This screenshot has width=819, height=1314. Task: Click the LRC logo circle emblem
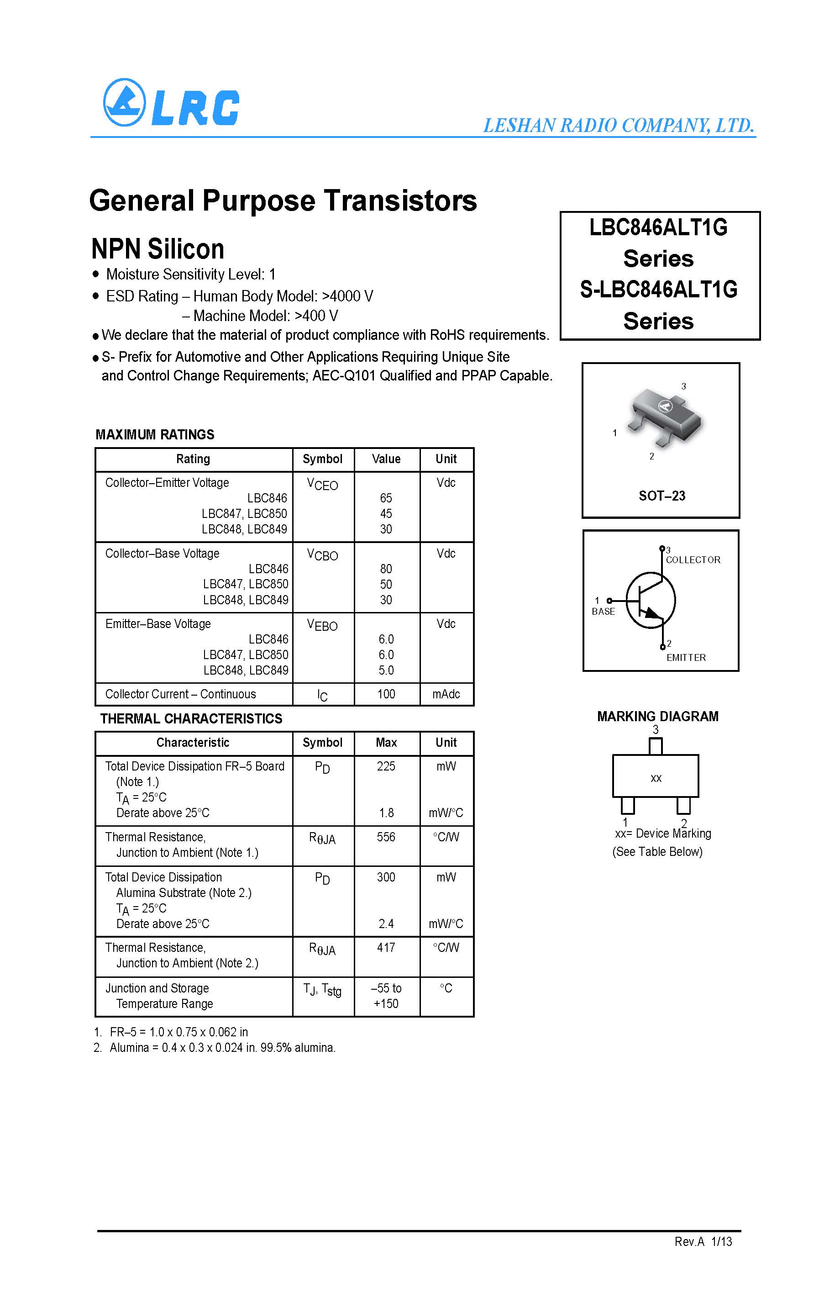click(x=125, y=102)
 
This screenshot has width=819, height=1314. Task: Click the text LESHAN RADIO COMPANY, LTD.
click(x=619, y=126)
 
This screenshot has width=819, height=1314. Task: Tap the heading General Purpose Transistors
click(x=283, y=201)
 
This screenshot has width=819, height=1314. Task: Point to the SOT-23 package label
click(x=661, y=496)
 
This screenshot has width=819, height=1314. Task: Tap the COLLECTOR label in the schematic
click(x=693, y=560)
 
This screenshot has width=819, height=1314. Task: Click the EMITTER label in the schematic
click(x=686, y=657)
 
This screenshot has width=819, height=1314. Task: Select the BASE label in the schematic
click(x=603, y=611)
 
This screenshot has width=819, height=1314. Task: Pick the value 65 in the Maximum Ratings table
click(x=386, y=498)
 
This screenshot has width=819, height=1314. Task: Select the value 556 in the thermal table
click(x=386, y=837)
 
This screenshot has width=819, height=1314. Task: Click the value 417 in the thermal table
click(x=386, y=948)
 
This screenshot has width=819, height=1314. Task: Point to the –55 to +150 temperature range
click(x=386, y=996)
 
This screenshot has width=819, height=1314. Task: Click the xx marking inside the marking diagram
click(x=656, y=779)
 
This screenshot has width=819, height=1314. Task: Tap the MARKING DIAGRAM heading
click(x=657, y=716)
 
